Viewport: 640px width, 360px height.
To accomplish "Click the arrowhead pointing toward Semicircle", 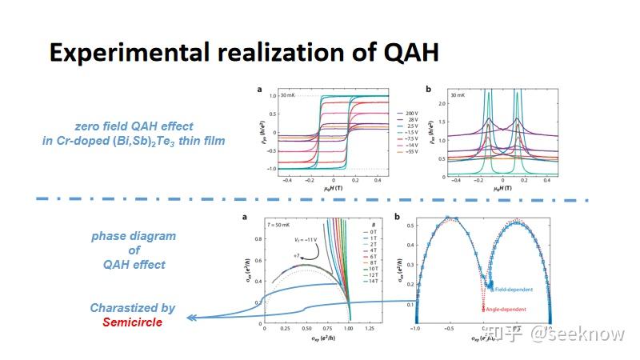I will (190, 318).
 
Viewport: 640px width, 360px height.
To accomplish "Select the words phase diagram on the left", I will (133, 237).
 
